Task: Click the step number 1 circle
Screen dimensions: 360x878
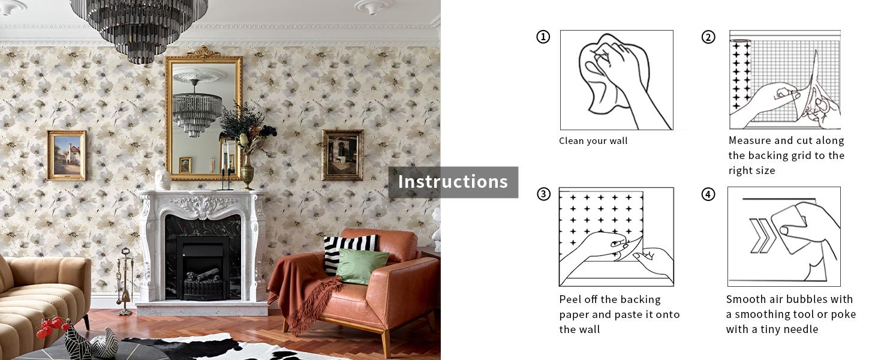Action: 543,37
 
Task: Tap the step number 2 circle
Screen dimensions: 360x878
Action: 708,37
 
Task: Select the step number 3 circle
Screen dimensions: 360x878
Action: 543,194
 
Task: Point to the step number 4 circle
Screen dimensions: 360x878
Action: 708,194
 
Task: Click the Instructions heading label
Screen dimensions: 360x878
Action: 453,182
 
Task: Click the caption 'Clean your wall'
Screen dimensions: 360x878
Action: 593,141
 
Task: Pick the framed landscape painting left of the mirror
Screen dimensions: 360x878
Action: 67,155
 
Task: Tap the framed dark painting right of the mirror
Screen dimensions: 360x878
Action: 342,155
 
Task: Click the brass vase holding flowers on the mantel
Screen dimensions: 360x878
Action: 247,171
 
